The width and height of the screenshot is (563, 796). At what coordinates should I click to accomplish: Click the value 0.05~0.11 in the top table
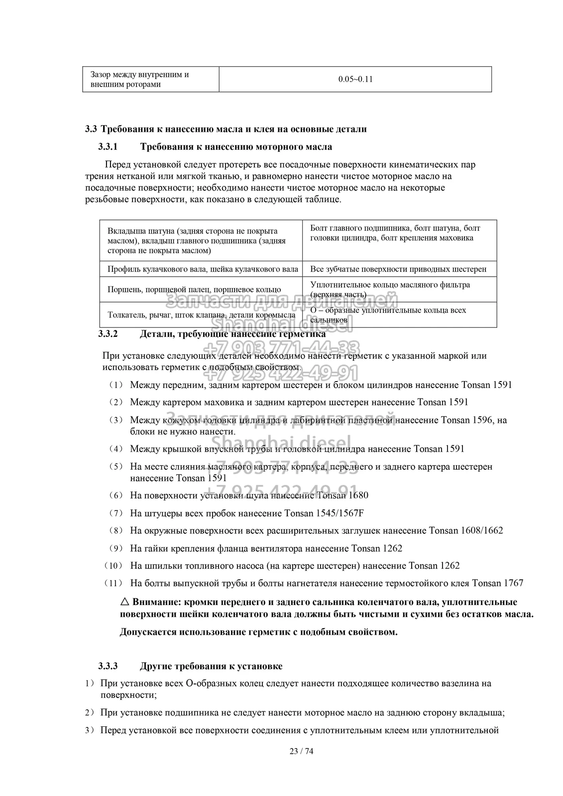click(355, 80)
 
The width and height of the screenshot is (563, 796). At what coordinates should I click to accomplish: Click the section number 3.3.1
click(108, 147)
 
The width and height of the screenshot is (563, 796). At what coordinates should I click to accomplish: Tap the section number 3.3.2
click(108, 334)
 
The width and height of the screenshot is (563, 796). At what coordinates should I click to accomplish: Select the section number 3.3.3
click(108, 666)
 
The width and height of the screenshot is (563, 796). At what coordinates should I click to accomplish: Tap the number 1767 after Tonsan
click(513, 583)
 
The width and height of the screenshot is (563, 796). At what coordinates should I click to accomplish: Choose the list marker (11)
click(113, 583)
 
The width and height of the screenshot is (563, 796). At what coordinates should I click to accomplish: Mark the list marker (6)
click(115, 496)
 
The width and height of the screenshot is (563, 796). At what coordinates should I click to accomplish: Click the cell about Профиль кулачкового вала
click(203, 269)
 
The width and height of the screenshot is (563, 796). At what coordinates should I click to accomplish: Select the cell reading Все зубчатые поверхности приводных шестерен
click(398, 269)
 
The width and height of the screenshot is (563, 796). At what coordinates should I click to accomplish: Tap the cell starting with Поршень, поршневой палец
click(194, 290)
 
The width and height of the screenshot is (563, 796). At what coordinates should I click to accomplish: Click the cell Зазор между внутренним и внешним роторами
click(139, 80)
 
